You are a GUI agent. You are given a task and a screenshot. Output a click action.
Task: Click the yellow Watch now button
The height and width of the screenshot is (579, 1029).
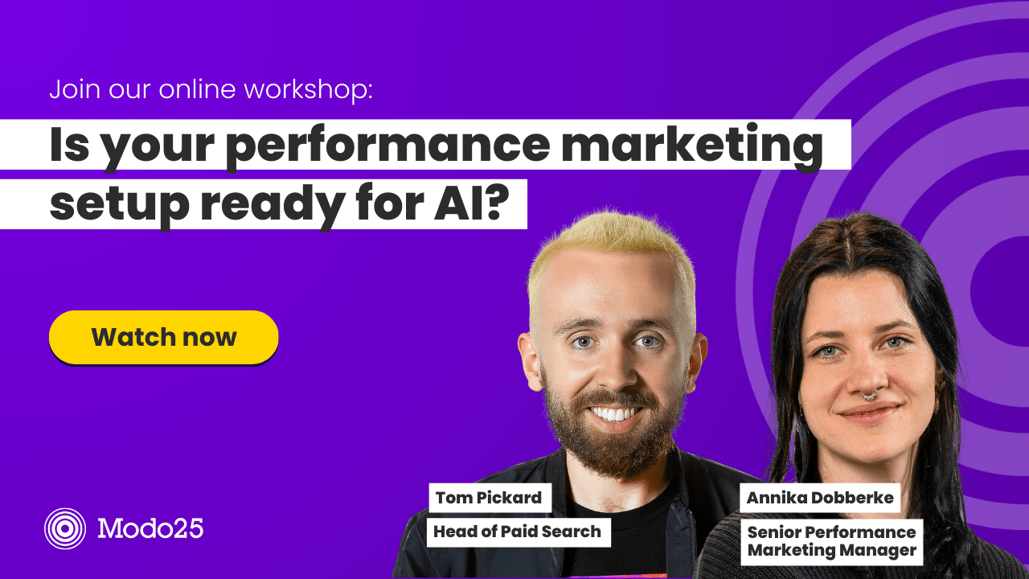163,337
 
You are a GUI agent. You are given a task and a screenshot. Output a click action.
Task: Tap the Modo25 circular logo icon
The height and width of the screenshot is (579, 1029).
65,528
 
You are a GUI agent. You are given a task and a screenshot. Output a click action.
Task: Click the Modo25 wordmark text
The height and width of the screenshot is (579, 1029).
150,528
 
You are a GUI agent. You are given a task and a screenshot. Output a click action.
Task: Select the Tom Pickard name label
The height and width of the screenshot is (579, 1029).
489,498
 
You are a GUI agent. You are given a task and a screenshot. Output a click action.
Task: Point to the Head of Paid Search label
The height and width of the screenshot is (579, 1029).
517,531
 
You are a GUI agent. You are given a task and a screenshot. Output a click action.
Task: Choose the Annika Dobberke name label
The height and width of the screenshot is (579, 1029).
819,498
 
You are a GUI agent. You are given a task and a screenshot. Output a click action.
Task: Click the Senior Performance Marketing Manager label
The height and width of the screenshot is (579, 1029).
831,541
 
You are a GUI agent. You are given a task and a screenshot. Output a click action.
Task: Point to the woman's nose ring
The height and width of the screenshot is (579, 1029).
869,394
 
